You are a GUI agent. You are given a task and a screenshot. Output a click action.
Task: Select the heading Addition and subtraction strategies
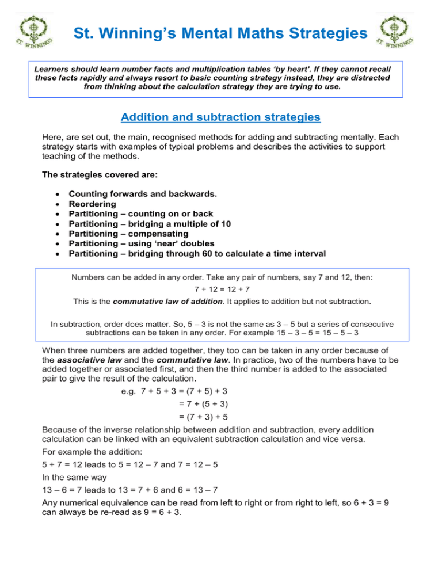pos(220,118)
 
